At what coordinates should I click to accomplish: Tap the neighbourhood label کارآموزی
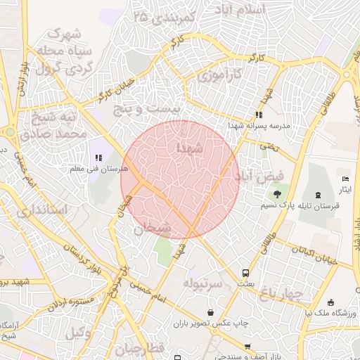pyautogui.click(x=219, y=75)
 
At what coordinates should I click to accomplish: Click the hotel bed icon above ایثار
pyautogui.click(x=345, y=179)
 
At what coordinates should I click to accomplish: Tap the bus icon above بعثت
pyautogui.click(x=245, y=272)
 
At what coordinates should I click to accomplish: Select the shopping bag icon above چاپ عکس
pyautogui.click(x=210, y=312)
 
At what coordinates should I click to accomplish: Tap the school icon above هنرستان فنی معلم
pyautogui.click(x=99, y=159)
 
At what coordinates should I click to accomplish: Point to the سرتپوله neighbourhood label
pyautogui.click(x=203, y=283)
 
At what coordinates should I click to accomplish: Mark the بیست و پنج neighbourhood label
pyautogui.click(x=148, y=109)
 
